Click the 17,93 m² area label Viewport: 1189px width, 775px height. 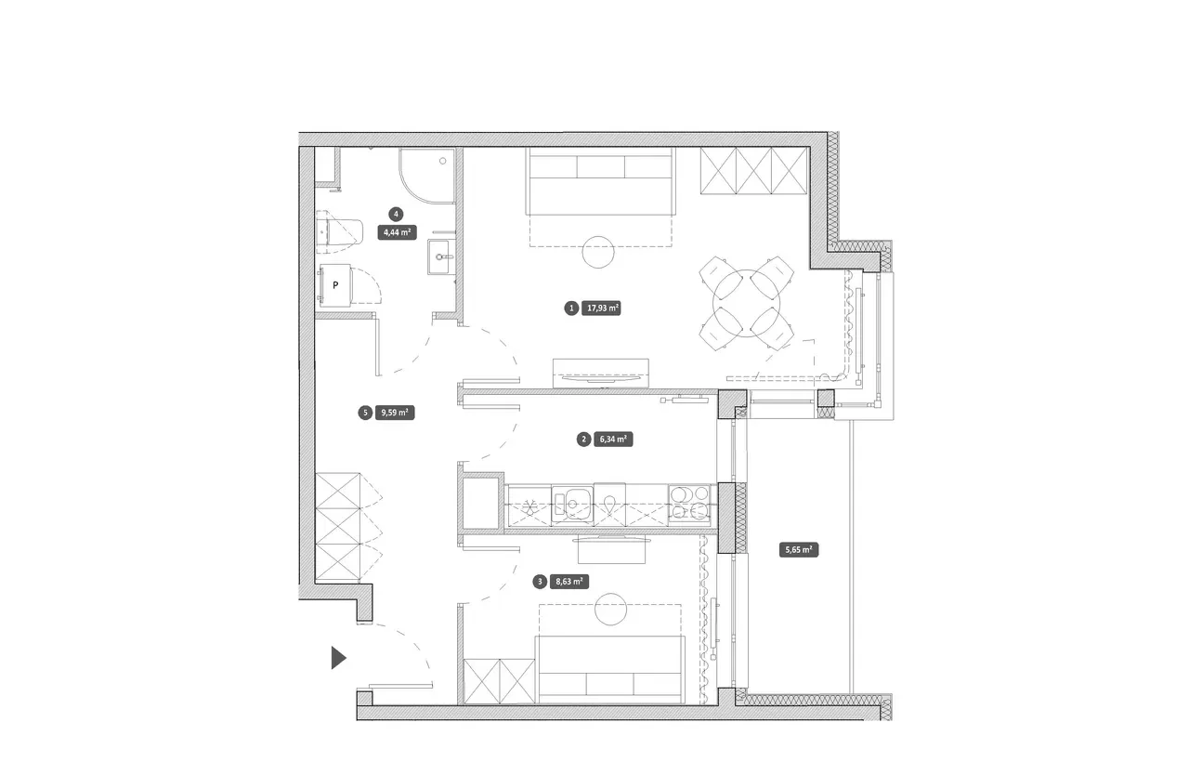pyautogui.click(x=601, y=308)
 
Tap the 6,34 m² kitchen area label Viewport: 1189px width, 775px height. pyautogui.click(x=613, y=439)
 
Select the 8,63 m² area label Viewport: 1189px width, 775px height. pyautogui.click(x=569, y=582)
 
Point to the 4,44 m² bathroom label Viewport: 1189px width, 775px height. pyautogui.click(x=397, y=232)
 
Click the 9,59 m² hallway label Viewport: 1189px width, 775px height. pyautogui.click(x=395, y=413)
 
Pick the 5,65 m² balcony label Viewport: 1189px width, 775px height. pyautogui.click(x=799, y=549)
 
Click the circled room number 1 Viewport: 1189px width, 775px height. pyautogui.click(x=571, y=309)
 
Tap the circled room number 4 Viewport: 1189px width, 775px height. pyautogui.click(x=396, y=215)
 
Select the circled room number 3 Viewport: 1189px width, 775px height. pyautogui.click(x=540, y=582)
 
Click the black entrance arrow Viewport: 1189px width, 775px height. pyautogui.click(x=337, y=658)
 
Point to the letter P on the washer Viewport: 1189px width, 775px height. pyautogui.click(x=335, y=285)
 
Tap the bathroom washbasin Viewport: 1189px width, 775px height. pyautogui.click(x=441, y=256)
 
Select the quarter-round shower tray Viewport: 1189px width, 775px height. pyautogui.click(x=427, y=176)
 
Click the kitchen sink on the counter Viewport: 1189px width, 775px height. pyautogui.click(x=572, y=504)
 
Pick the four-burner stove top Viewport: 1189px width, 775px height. pyautogui.click(x=689, y=504)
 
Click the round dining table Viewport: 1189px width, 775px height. pyautogui.click(x=746, y=304)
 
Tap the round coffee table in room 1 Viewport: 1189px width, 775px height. pyautogui.click(x=598, y=252)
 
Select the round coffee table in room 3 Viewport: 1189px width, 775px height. pyautogui.click(x=611, y=609)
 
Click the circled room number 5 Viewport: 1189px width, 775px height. pyautogui.click(x=365, y=413)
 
